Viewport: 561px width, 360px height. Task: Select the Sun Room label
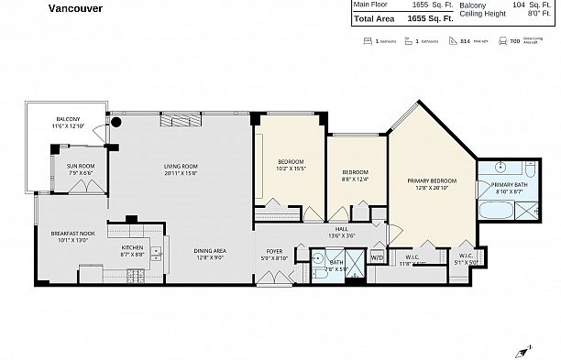[x=79, y=168]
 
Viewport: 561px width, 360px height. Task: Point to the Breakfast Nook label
[x=70, y=236]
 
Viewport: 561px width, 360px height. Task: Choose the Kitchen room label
[x=133, y=249]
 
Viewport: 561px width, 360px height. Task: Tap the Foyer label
[x=274, y=253]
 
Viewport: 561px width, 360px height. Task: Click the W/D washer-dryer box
[x=377, y=258]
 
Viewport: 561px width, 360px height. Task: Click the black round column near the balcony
[x=116, y=121]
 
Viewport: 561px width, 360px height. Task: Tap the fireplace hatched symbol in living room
[x=174, y=121]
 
